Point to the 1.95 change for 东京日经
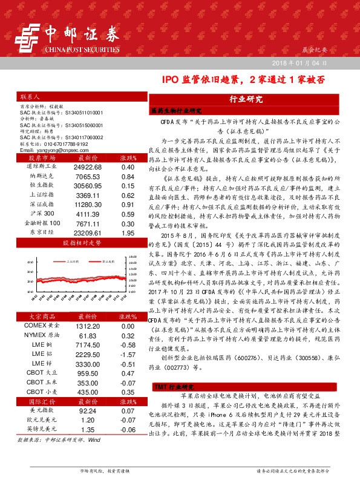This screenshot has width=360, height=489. (127, 232)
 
